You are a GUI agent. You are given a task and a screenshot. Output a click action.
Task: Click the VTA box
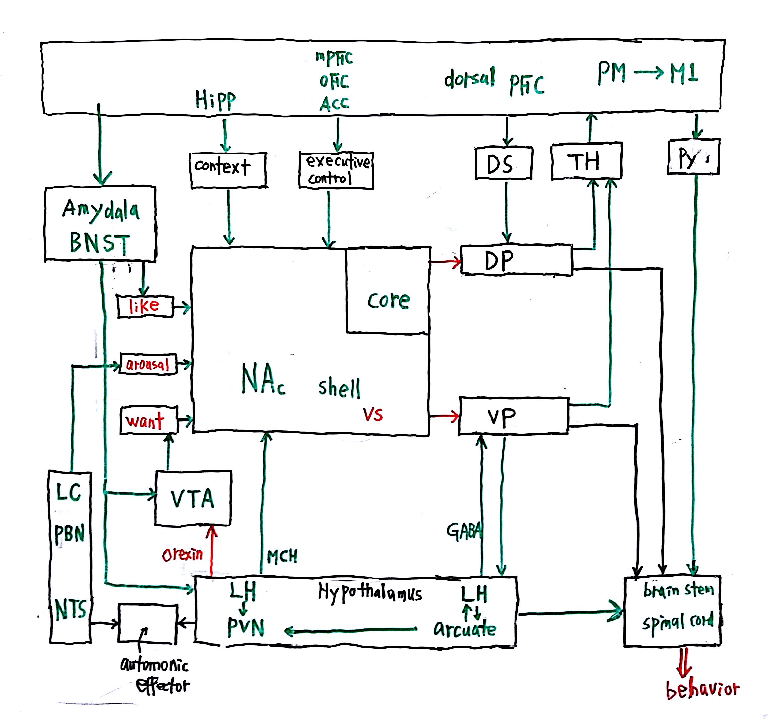pos(193,498)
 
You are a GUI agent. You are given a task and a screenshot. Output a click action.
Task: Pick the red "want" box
pos(149,420)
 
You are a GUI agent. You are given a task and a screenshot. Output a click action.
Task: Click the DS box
pos(503,163)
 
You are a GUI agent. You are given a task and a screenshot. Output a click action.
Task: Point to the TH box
pos(586,161)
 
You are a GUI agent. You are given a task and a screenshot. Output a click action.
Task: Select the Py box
pos(693,157)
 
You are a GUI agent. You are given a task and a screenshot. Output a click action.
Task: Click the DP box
pos(516,260)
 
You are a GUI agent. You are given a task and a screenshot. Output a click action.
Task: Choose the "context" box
pos(228,170)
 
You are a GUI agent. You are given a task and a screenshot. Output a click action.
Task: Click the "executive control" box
pos(336,170)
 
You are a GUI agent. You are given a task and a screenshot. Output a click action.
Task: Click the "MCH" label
pos(282,557)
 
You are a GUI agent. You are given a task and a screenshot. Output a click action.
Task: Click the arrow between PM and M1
pos(648,73)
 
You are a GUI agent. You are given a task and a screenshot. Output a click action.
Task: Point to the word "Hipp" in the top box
pos(215,100)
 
